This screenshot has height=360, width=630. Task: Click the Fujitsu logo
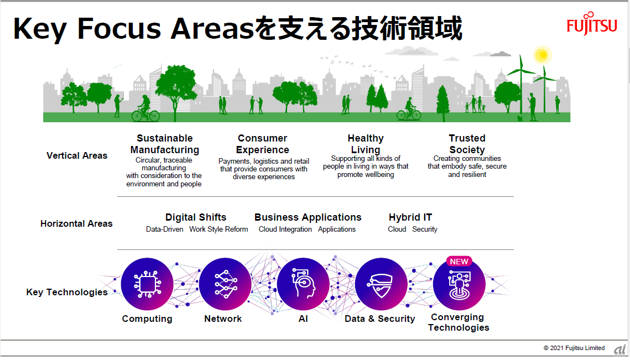[x=591, y=24]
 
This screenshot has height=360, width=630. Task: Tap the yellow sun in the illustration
[x=543, y=55]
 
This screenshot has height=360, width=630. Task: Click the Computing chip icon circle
[x=147, y=284]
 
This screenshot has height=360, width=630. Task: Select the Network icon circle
[x=225, y=284]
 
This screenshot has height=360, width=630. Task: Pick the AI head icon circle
[x=303, y=284]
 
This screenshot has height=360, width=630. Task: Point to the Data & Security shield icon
[x=381, y=284]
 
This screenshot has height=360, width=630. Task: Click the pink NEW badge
[x=459, y=262]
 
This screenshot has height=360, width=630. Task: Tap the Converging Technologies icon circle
[x=459, y=284]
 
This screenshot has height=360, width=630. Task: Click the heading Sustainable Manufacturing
[x=165, y=144]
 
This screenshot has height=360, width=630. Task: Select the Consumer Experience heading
[x=262, y=144]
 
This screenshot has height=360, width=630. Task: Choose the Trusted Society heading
[x=467, y=144]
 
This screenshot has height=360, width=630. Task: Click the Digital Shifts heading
[x=196, y=217]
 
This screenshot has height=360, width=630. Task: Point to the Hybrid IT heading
[x=410, y=217]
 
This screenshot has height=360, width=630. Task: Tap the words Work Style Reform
[x=218, y=229]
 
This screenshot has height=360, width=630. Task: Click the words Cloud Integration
[x=285, y=229]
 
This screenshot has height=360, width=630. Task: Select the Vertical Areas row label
[x=77, y=155]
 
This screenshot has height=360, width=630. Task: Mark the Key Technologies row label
[x=67, y=292]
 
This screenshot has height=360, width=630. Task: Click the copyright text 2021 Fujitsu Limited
[x=577, y=348]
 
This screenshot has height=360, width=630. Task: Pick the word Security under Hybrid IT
[x=425, y=229]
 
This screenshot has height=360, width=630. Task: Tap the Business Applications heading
[x=308, y=217]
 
